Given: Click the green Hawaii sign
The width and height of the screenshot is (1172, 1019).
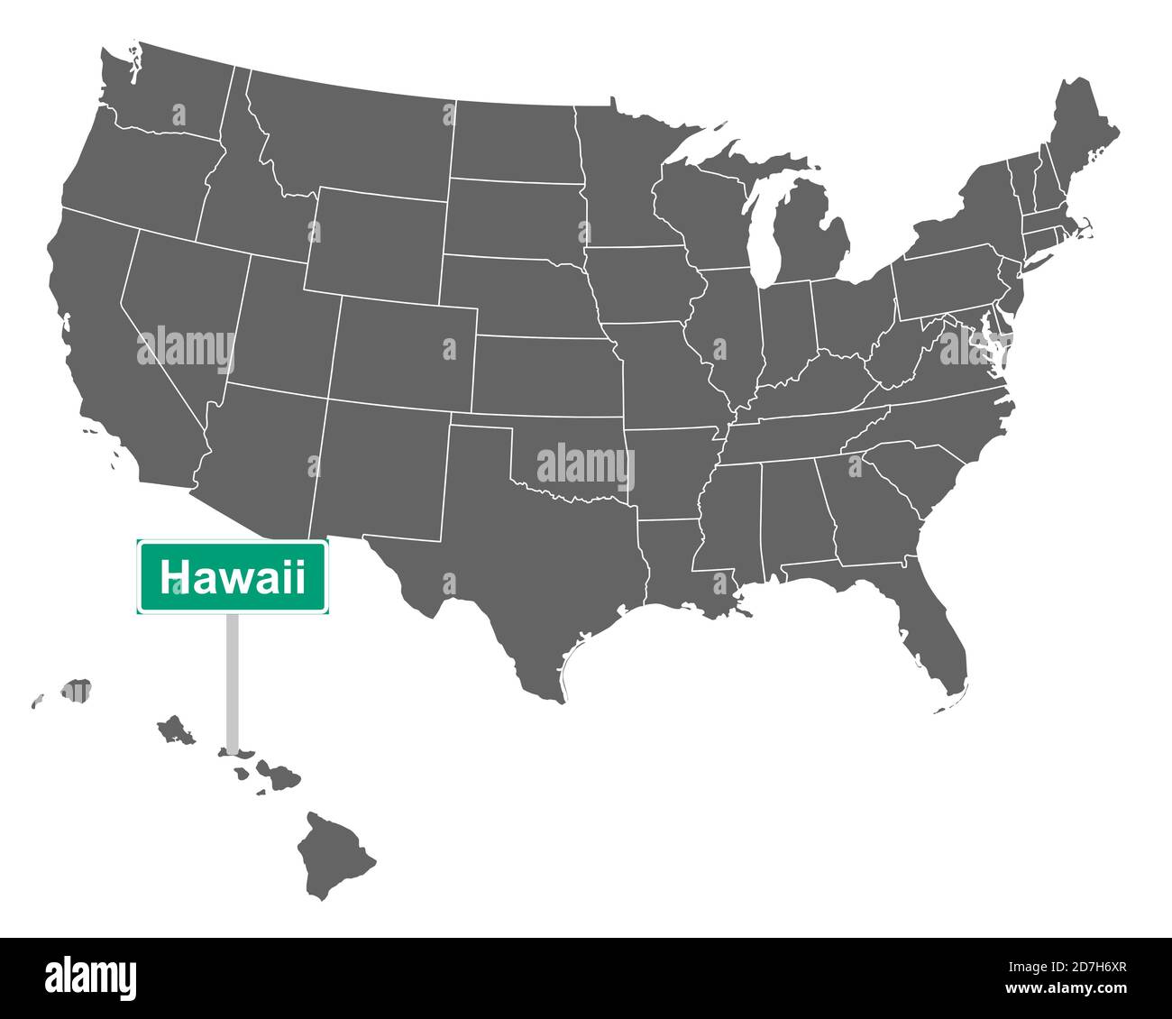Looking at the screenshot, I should [x=233, y=577].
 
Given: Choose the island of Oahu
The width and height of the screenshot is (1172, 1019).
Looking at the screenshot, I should [x=175, y=730].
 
